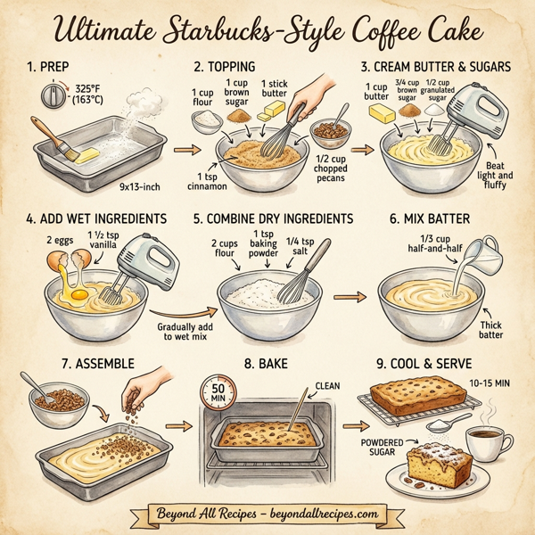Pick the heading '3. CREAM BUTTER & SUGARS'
[x=436, y=67]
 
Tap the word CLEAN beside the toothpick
[x=325, y=387]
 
